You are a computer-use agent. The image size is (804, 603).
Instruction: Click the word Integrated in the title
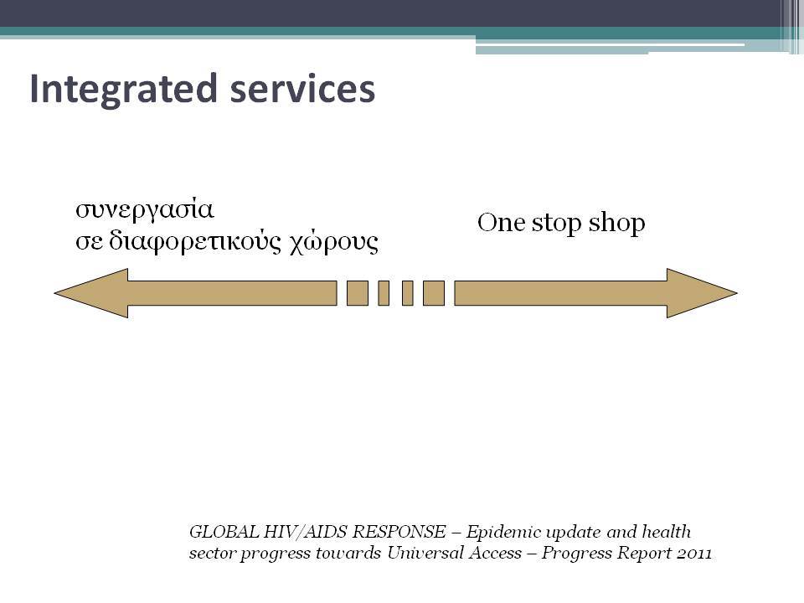pyautogui.click(x=124, y=90)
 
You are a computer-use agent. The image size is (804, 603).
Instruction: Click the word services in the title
pyautogui.click(x=302, y=88)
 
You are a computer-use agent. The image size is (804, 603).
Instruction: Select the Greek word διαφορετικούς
pyautogui.click(x=195, y=242)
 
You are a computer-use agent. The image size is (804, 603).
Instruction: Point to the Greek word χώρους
pyautogui.click(x=334, y=243)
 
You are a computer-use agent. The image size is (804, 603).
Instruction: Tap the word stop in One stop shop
pyautogui.click(x=556, y=224)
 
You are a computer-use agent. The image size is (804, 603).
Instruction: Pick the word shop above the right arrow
pyautogui.click(x=616, y=224)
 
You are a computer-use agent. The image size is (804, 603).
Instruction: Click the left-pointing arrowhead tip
pyautogui.click(x=54, y=293)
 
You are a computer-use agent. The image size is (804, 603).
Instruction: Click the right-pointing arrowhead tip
pyautogui.click(x=737, y=293)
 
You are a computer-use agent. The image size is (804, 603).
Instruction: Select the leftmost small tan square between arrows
pyautogui.click(x=358, y=293)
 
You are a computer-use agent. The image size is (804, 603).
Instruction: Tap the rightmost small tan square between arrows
pyautogui.click(x=434, y=293)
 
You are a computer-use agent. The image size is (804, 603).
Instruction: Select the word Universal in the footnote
pyautogui.click(x=425, y=554)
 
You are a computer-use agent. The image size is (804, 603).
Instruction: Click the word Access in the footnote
pyautogui.click(x=494, y=554)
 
